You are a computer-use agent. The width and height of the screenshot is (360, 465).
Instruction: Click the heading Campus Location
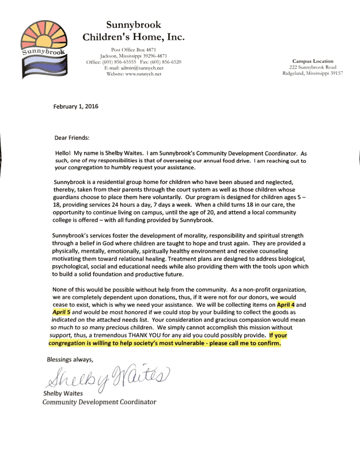click(x=313, y=60)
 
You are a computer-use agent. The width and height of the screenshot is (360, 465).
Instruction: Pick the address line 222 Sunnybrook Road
click(x=313, y=67)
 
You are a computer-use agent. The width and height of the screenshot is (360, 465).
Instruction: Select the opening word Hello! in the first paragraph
click(x=63, y=154)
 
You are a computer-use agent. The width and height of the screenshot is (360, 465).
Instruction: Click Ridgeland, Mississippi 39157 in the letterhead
click(x=313, y=73)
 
